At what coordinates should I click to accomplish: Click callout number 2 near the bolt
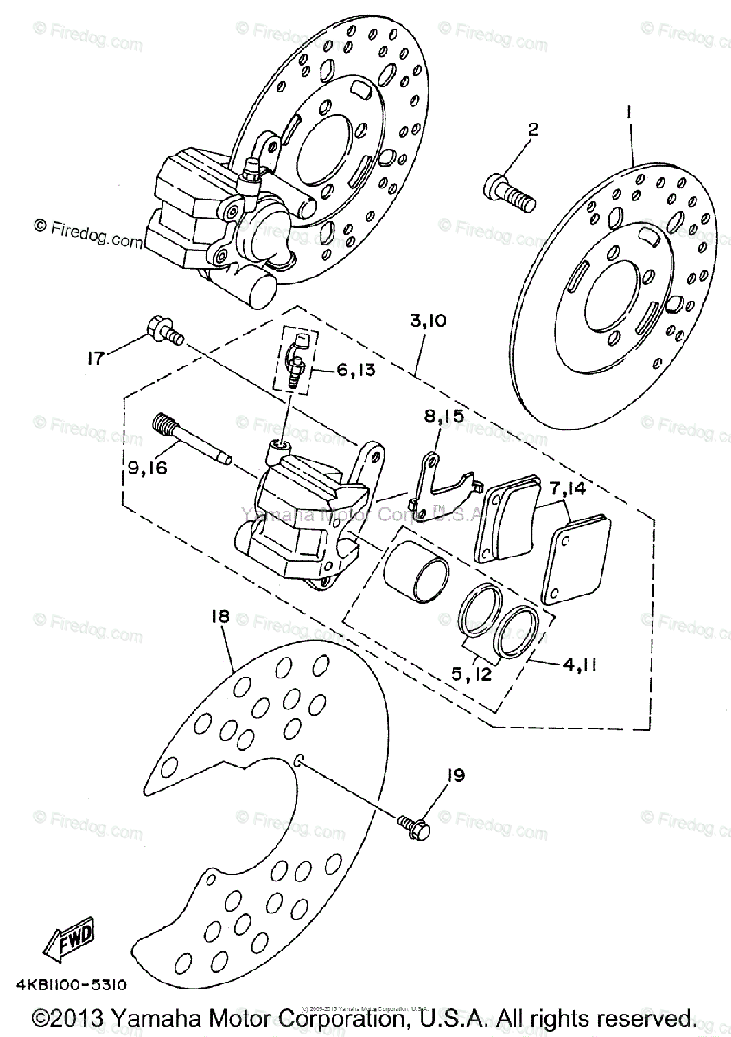point(532,130)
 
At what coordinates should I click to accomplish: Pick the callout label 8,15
point(444,417)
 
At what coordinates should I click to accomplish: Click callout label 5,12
point(471,672)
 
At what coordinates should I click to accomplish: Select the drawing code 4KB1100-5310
point(71,983)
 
